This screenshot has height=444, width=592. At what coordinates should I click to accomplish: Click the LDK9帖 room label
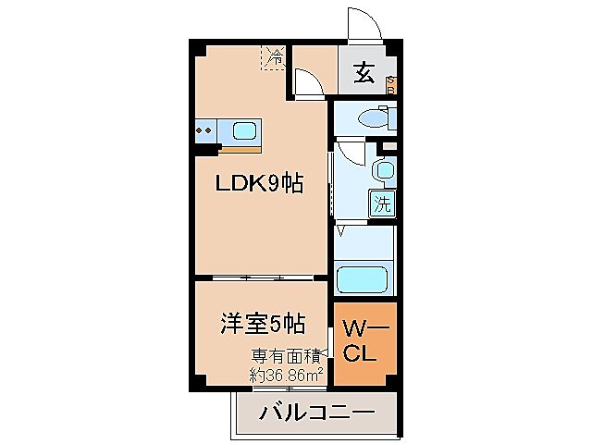(x=259, y=184)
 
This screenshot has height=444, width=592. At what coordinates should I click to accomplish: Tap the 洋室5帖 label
(x=263, y=325)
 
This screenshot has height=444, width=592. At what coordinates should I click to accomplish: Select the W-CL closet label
(x=364, y=339)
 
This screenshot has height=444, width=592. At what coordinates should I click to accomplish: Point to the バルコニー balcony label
(x=317, y=412)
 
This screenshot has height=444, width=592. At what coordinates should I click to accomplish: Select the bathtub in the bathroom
(x=364, y=278)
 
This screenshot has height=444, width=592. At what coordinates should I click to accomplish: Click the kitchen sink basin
(x=245, y=130)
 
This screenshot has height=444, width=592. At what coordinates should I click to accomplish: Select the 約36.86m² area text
(x=287, y=374)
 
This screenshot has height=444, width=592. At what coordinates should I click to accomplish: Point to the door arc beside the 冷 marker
(x=309, y=81)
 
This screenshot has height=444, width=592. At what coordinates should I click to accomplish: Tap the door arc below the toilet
(x=349, y=153)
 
